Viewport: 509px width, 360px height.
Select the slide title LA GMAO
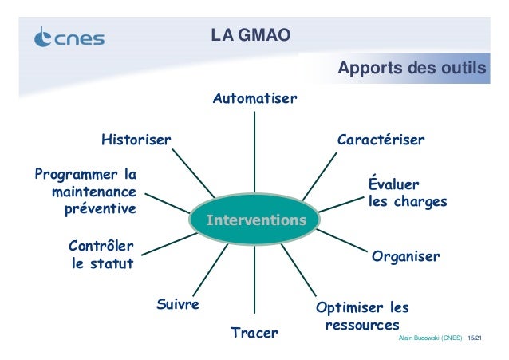[x=250, y=34]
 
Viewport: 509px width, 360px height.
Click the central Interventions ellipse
[x=254, y=219]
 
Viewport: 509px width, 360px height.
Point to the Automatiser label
[x=254, y=99]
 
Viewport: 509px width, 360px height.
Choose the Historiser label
[x=136, y=140]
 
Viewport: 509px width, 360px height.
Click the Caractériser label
[x=381, y=140]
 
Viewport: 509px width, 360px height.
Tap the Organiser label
[x=405, y=257]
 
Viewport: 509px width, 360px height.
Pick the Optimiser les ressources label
[x=362, y=316]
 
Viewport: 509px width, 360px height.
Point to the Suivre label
[x=176, y=305]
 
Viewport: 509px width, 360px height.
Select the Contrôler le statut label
[x=101, y=255]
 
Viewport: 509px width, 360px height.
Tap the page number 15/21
[x=477, y=339]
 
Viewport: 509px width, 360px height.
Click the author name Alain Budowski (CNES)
[x=429, y=339]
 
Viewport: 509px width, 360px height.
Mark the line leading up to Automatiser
[x=254, y=152]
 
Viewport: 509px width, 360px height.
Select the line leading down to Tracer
[x=254, y=279]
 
